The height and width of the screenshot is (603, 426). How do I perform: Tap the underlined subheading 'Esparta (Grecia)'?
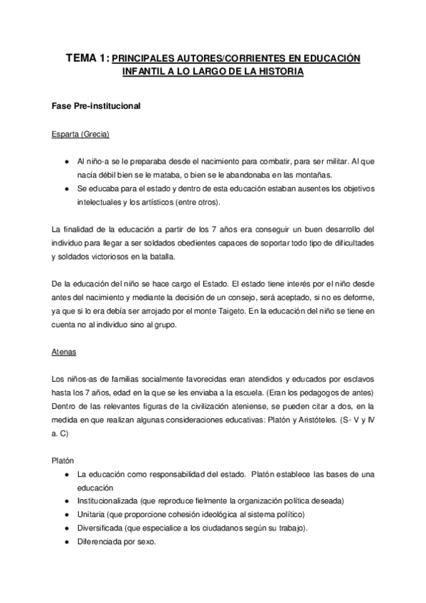[80, 134]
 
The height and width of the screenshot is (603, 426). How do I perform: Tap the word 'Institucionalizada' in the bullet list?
[108, 501]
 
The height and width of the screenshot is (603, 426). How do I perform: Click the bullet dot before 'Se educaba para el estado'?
[66, 188]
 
